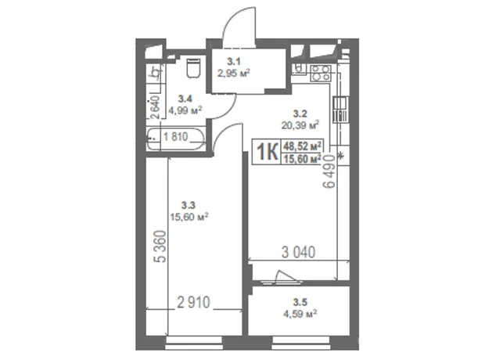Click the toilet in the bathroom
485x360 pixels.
194,68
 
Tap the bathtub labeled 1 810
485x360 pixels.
176,139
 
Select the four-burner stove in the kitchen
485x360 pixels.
320,73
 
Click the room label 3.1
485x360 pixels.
234,62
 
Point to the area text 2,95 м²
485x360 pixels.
234,74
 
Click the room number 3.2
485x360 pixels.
300,114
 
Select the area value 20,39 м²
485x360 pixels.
300,125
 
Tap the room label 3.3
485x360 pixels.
189,205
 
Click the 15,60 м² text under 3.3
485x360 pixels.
189,216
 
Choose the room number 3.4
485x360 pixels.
185,99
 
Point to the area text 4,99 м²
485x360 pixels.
185,110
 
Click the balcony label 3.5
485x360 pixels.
300,302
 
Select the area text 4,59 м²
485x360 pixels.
300,313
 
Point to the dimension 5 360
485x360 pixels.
161,247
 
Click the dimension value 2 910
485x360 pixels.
194,302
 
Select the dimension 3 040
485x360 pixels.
299,252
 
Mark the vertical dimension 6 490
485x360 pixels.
329,171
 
